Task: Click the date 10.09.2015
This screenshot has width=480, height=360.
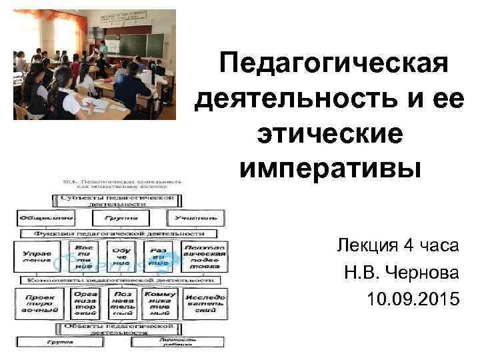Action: (x=413, y=299)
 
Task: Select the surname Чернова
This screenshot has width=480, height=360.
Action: (x=426, y=273)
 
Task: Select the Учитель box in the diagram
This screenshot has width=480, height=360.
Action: (x=195, y=218)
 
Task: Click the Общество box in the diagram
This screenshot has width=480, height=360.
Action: (x=37, y=218)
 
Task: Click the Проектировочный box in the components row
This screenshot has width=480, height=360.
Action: (x=39, y=303)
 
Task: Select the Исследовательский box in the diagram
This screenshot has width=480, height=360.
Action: (x=205, y=303)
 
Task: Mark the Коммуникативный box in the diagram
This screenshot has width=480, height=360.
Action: (x=160, y=303)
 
